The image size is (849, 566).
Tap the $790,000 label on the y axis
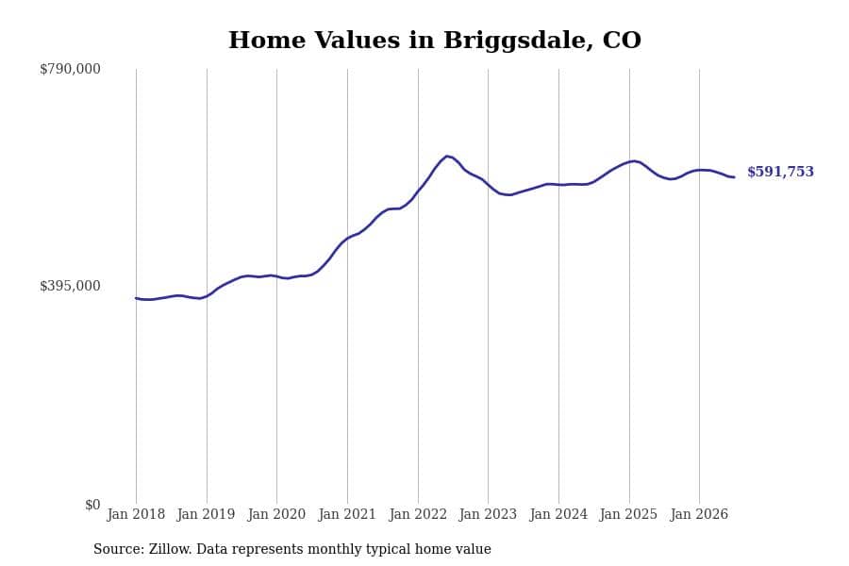pos(70,69)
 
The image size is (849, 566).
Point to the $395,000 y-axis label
pos(70,286)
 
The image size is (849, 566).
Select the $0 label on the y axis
pos(92,505)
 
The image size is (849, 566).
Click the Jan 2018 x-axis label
pos(136,514)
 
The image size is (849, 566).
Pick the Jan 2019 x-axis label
pos(206,514)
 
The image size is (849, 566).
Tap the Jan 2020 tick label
pos(276,514)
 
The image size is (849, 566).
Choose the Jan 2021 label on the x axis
pos(347,514)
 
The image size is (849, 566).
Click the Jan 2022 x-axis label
pos(418,514)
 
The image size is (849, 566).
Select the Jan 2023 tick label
pos(488,514)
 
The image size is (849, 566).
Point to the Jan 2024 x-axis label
pos(558,514)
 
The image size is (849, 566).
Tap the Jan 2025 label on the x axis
pos(628,514)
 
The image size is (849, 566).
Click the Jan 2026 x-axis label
pos(699,514)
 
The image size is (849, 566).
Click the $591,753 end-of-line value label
pos(780,172)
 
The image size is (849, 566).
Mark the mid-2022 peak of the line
pos(447,156)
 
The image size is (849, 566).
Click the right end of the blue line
pos(734,177)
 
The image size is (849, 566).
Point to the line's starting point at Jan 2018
pos(136,298)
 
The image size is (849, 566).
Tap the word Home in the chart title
pos(267,40)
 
